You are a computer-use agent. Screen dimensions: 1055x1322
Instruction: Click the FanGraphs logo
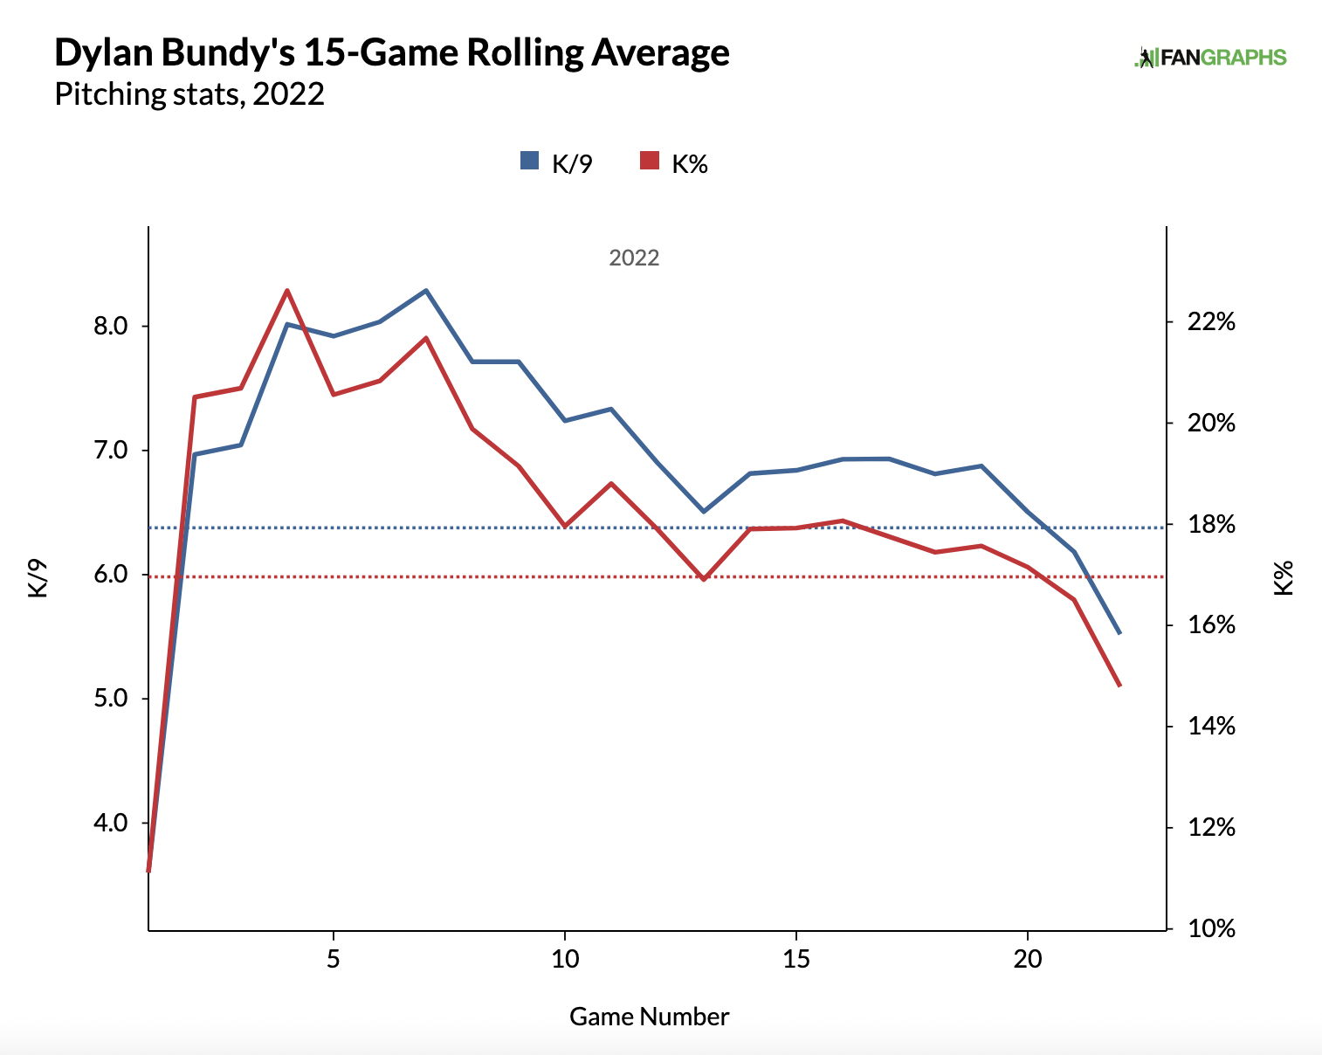1210,58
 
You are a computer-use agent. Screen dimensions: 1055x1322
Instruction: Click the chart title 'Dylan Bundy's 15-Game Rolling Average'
392,52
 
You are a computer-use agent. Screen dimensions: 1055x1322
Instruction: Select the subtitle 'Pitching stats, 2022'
189,93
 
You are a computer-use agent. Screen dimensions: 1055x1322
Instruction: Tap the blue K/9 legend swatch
529,161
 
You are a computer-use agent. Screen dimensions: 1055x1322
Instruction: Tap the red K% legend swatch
649,161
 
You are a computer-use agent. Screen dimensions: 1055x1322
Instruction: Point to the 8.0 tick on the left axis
110,327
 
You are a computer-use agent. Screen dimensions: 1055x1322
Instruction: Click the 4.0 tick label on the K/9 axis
110,823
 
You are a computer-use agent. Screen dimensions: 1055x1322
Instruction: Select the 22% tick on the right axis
1212,322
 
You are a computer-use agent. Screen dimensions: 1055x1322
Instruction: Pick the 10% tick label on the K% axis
1212,928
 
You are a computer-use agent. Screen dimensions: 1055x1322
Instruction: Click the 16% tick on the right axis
1212,625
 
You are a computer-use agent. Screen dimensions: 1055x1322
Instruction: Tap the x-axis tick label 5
334,959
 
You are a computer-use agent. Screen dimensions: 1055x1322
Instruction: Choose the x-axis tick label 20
1028,959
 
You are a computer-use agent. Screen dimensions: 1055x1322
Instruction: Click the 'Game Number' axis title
649,1017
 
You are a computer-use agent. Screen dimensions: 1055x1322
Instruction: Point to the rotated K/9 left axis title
38,578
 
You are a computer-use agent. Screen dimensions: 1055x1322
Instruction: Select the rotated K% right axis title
1283,578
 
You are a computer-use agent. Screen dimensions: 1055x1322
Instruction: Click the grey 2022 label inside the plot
634,258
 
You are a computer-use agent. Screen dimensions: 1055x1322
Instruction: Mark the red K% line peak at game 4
287,290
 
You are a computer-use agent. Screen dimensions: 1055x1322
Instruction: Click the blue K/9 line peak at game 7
426,290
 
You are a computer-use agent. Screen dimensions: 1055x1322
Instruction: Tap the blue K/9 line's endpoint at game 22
1120,633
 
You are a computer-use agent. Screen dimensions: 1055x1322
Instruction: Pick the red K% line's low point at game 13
704,579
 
